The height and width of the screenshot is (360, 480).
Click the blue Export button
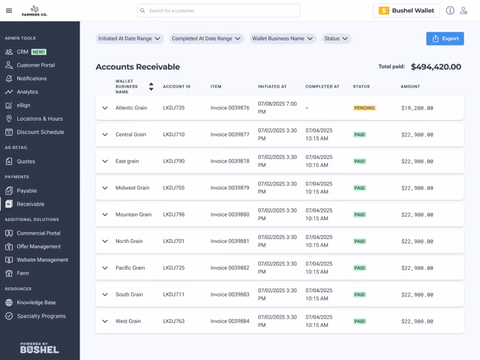(445, 38)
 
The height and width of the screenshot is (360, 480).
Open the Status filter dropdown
(336, 38)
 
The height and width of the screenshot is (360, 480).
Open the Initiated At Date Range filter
(130, 38)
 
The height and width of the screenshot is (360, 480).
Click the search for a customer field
(218, 11)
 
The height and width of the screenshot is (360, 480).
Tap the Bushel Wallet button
(406, 11)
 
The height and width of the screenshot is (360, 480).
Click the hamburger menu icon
(9, 11)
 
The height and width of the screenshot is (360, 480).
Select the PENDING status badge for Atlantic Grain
(364, 108)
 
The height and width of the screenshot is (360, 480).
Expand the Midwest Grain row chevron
(105, 188)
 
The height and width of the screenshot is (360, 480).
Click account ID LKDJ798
(173, 215)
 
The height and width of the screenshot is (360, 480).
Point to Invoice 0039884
(230, 321)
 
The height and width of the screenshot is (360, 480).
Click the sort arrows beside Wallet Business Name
(151, 86)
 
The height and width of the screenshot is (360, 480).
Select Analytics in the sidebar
(27, 92)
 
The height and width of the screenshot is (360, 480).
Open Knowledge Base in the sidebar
(36, 302)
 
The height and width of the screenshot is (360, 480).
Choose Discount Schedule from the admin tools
(40, 132)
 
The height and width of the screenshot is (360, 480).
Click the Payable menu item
(26, 191)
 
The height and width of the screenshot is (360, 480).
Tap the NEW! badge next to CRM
(39, 52)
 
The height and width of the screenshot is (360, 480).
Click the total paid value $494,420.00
(436, 67)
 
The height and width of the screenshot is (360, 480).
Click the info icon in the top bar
(450, 11)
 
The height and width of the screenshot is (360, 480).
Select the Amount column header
(410, 86)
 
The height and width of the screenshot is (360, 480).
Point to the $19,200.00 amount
(417, 108)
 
